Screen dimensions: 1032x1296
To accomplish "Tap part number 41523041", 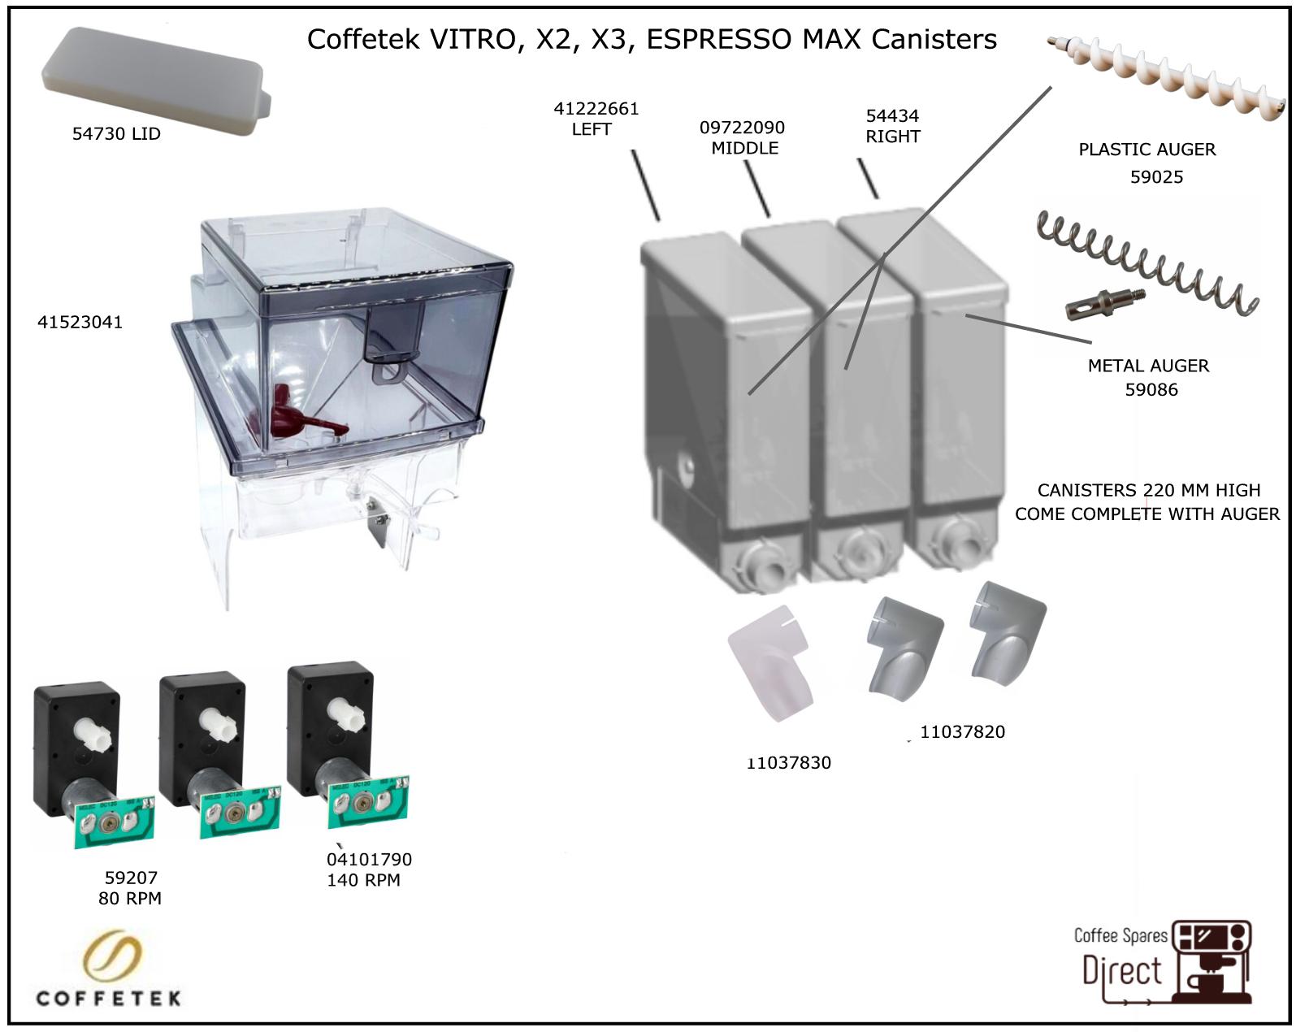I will (x=80, y=322).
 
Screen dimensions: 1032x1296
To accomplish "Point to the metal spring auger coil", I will (x=1154, y=261).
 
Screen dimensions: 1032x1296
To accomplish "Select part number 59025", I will (x=1156, y=177).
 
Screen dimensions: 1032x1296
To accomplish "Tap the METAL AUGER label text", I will (x=1148, y=366).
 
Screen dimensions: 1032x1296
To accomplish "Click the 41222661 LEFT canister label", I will (x=596, y=119).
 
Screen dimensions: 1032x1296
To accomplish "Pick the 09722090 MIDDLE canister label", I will (x=743, y=137).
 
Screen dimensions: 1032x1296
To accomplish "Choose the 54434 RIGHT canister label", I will (x=892, y=126).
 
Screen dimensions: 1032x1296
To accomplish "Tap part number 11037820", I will (x=962, y=732).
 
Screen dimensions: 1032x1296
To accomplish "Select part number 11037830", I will (x=790, y=763).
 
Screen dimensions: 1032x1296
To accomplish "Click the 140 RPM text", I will (x=363, y=880).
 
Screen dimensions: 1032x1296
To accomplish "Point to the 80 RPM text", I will (x=130, y=898).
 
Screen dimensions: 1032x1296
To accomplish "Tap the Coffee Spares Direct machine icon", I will (x=1213, y=962).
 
